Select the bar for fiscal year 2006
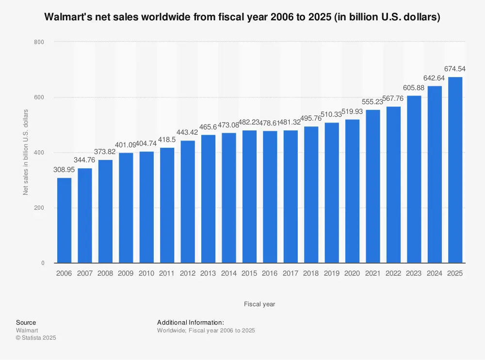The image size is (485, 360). pyautogui.click(x=64, y=220)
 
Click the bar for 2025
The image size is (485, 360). pyautogui.click(x=455, y=170)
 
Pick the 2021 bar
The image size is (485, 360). pyautogui.click(x=373, y=187)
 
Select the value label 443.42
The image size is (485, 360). pyautogui.click(x=188, y=133)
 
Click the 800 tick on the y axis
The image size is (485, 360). pyautogui.click(x=39, y=42)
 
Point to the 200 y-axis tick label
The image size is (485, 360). pyautogui.click(x=39, y=208)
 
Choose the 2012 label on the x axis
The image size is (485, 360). pyautogui.click(x=188, y=273)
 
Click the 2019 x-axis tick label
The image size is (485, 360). pyautogui.click(x=332, y=273)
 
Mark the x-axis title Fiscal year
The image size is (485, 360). pyautogui.click(x=259, y=304)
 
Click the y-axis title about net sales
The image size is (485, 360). pyautogui.click(x=26, y=153)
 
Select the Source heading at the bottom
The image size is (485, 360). pyautogui.click(x=26, y=322)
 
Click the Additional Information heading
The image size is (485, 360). pyautogui.click(x=191, y=322)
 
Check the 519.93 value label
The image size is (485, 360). pyautogui.click(x=352, y=111)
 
